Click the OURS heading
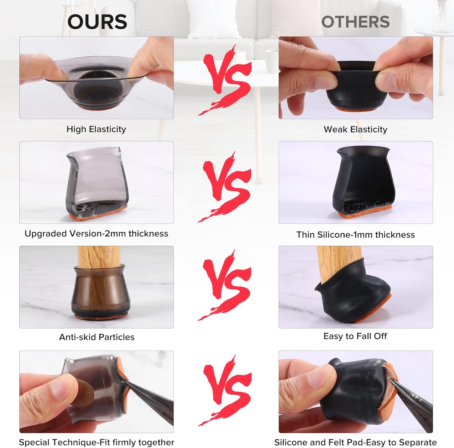click(97, 22)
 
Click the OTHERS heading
click(355, 22)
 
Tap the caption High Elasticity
click(96, 129)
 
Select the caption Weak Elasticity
click(356, 130)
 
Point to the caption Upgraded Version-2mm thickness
click(96, 234)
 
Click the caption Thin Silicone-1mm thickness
click(356, 235)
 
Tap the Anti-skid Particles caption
click(97, 337)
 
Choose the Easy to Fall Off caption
click(355, 336)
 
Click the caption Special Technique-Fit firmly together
click(97, 442)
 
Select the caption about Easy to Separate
click(355, 442)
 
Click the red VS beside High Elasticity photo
click(226, 79)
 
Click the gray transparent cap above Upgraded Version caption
click(97, 182)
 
